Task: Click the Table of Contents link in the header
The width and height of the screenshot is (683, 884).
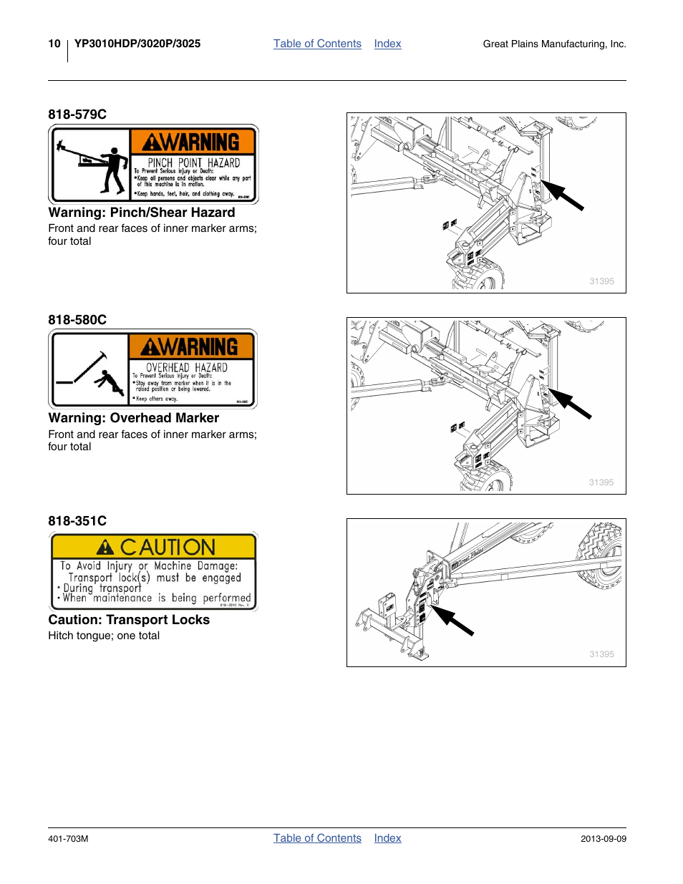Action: point(317,44)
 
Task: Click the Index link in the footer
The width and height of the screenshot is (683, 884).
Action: point(387,838)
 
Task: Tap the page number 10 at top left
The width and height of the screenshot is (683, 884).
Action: point(54,44)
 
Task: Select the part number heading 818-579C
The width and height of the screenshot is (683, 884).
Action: point(77,115)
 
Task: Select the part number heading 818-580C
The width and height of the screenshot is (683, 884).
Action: point(77,320)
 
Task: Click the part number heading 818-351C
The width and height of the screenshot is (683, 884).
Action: point(77,521)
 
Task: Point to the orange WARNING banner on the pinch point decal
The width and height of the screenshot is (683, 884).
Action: point(192,142)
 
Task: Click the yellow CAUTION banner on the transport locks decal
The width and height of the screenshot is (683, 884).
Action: point(154,547)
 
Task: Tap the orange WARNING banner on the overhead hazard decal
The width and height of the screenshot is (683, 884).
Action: point(191,347)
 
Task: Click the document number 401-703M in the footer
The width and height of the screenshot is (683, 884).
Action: point(68,839)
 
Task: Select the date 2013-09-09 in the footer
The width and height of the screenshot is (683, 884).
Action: point(603,839)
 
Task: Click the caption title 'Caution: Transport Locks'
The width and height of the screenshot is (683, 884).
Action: point(129,620)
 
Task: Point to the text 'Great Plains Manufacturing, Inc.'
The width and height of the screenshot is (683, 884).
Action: point(554,44)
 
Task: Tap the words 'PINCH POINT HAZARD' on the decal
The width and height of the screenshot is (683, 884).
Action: point(194,162)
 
